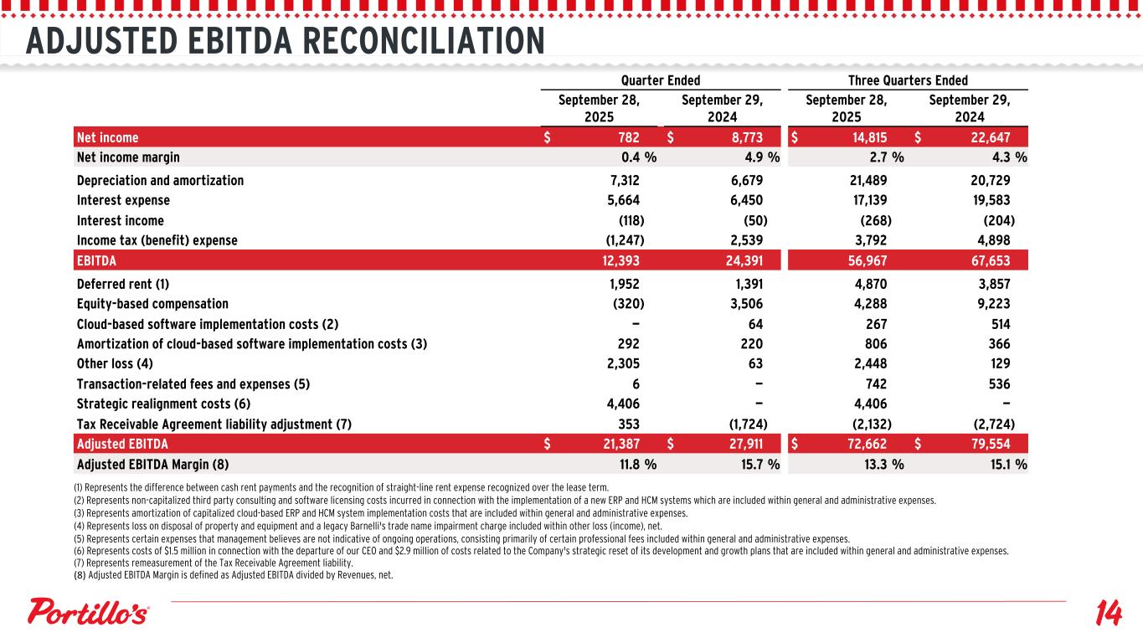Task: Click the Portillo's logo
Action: pos(89,612)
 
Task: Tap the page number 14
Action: pos(1107,614)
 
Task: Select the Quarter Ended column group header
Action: pos(660,80)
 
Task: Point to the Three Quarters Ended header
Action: pos(908,80)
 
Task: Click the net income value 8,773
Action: pos(744,137)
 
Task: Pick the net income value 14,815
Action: pos(868,137)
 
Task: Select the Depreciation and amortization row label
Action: pos(160,180)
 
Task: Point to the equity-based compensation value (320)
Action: pos(628,304)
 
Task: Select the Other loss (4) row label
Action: pos(115,364)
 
